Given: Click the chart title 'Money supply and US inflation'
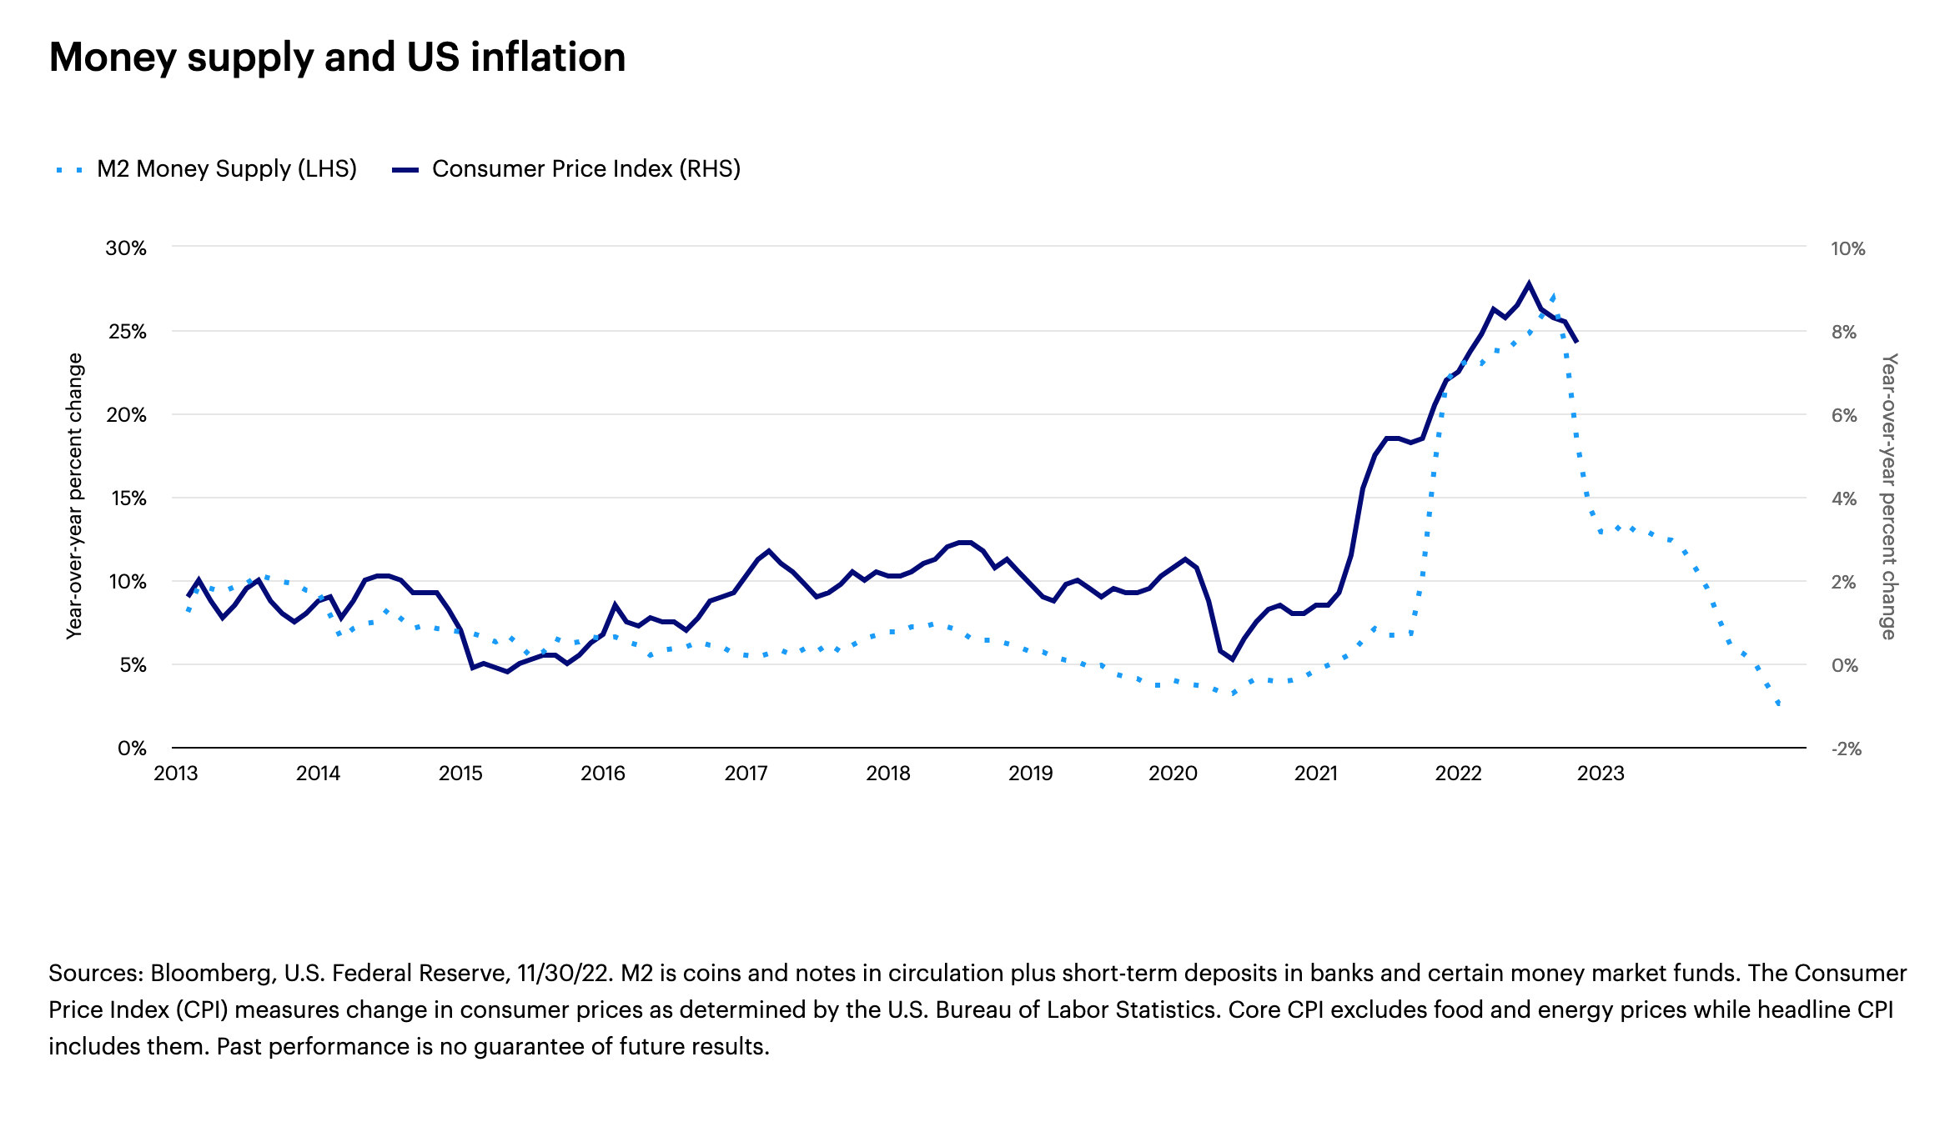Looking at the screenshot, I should pyautogui.click(x=337, y=58).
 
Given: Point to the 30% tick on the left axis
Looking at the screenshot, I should pyautogui.click(x=126, y=248).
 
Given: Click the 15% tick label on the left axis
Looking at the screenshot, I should pyautogui.click(x=127, y=498).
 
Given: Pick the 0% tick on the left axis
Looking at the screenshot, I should pyautogui.click(x=132, y=749).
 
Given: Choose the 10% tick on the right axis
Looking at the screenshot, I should pyautogui.click(x=1847, y=248).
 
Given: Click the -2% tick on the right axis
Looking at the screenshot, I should pyautogui.click(x=1846, y=749).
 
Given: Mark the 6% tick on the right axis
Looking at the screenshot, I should pyautogui.click(x=1844, y=415).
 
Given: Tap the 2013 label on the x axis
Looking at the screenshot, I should pyautogui.click(x=176, y=774).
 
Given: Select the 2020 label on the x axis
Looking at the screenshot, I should pyautogui.click(x=1173, y=774).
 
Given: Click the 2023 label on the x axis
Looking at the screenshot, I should pyautogui.click(x=1601, y=774).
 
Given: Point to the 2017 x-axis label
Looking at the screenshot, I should pyautogui.click(x=746, y=774).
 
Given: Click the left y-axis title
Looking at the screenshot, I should pyautogui.click(x=75, y=496).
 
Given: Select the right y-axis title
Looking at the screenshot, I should pyautogui.click(x=1889, y=496).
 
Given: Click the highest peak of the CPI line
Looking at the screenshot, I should pyautogui.click(x=1529, y=283).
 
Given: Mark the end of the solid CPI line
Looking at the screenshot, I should pyautogui.click(x=1576, y=342).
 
